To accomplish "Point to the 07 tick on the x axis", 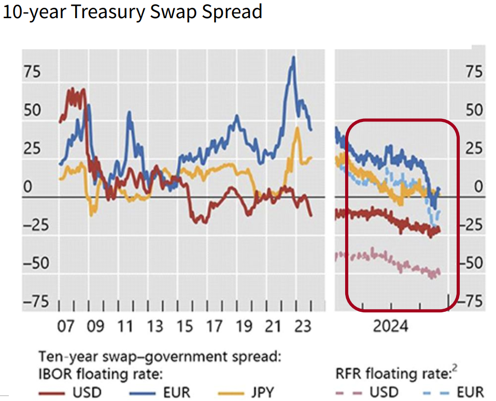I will coord(66,327).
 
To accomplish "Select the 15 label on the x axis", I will coord(185,327).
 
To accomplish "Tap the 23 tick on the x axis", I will coord(303,327).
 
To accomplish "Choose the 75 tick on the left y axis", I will coord(32,72).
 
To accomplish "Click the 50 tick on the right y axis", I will coord(473,110).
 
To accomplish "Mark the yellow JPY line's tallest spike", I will coord(297,128).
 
